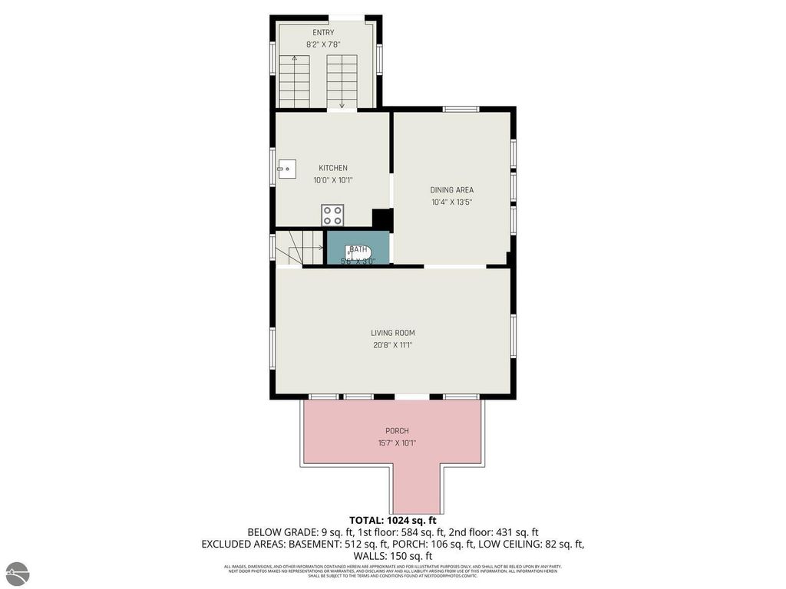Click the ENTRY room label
click(323, 32)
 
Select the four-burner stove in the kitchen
click(333, 214)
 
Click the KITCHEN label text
click(333, 168)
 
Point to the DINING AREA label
click(451, 190)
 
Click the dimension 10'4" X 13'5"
click(451, 202)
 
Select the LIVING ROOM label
click(392, 333)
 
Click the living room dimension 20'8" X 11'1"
click(392, 345)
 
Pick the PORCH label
click(397, 431)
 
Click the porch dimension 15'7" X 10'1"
click(397, 443)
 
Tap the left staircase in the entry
click(294, 81)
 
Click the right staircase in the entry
click(342, 81)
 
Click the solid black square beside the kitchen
click(382, 219)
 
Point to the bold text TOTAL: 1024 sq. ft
click(392, 519)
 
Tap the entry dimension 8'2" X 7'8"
click(323, 44)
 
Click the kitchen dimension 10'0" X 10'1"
click(333, 180)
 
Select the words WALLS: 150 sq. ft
click(392, 555)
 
